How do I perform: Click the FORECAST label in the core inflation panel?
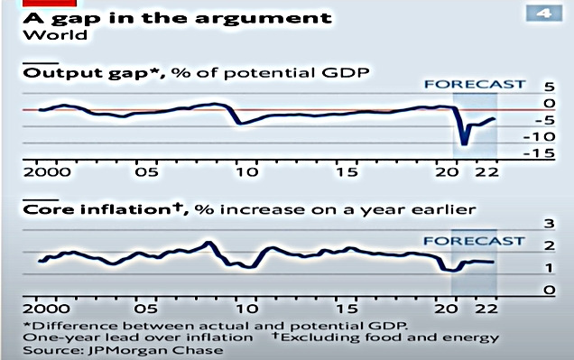474,241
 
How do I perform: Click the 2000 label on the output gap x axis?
42,172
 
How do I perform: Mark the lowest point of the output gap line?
464,143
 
